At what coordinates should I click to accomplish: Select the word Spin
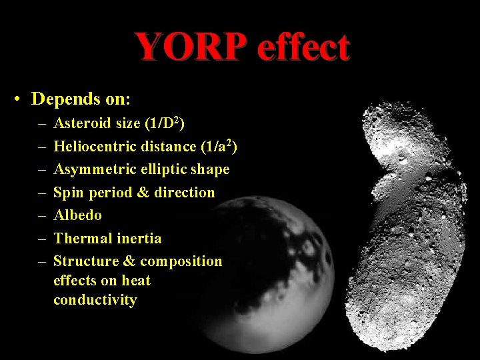coord(67,193)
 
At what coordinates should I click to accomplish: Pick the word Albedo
coord(78,215)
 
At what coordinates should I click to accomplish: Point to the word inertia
coord(138,238)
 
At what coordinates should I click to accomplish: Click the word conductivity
coord(95,300)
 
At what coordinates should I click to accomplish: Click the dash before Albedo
coord(41,215)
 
